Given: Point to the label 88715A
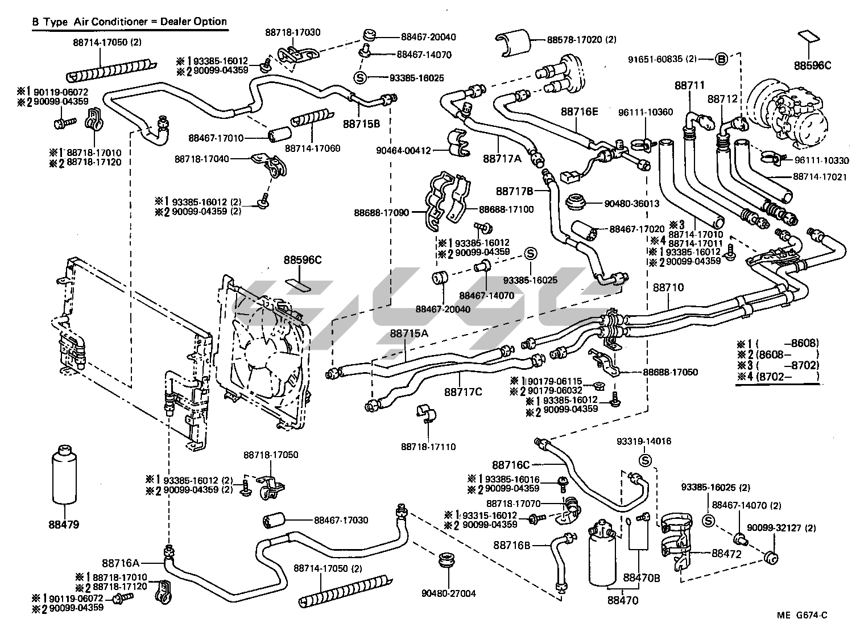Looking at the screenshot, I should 408,333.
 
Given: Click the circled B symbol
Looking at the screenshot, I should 721,59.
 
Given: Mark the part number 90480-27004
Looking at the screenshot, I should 449,593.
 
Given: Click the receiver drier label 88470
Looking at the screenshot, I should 622,600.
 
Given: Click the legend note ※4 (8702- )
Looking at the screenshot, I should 778,376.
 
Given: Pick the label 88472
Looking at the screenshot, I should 726,554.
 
